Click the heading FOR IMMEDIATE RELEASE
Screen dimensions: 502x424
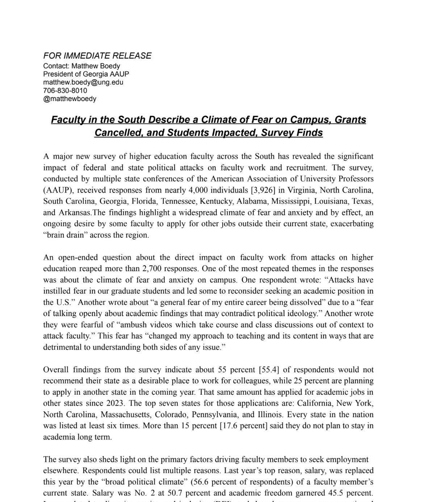tap(97, 56)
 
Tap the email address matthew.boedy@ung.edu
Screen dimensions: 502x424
tap(83, 82)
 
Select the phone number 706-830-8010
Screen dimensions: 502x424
tap(65, 90)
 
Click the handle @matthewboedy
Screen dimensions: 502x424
tap(70, 99)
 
